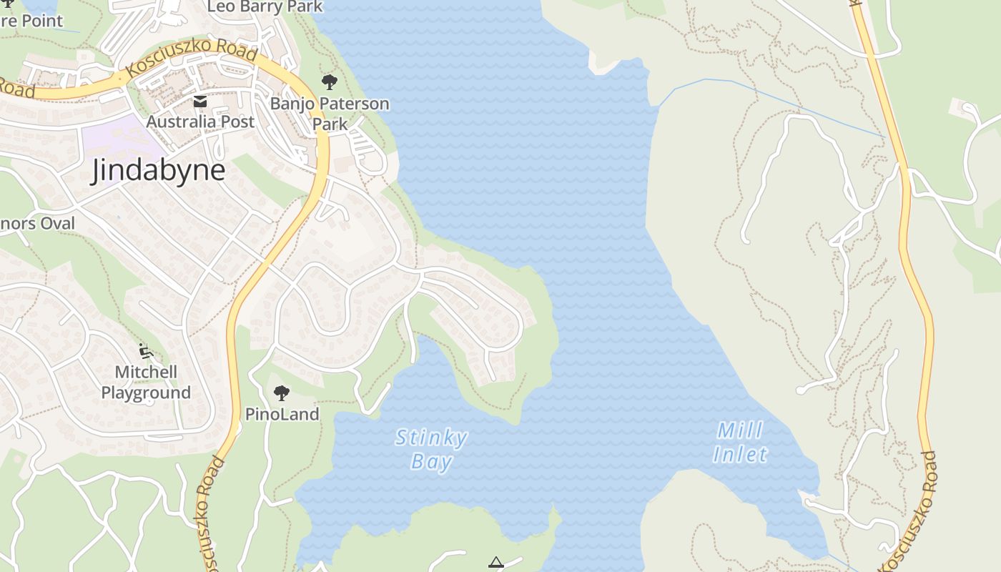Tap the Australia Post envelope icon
click(200, 102)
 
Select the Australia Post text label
click(200, 122)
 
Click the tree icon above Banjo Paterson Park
click(329, 82)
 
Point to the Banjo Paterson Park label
click(330, 114)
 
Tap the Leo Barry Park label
click(265, 7)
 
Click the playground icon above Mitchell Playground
click(146, 350)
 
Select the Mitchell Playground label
click(146, 383)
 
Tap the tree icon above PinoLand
click(282, 393)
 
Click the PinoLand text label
click(282, 414)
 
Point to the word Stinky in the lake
click(431, 438)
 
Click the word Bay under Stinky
click(432, 462)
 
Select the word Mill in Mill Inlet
click(740, 430)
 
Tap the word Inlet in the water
click(740, 454)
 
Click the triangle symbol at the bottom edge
click(496, 563)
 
